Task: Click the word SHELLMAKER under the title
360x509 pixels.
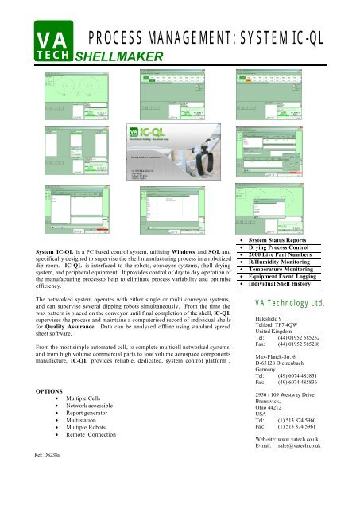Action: tap(118, 56)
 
